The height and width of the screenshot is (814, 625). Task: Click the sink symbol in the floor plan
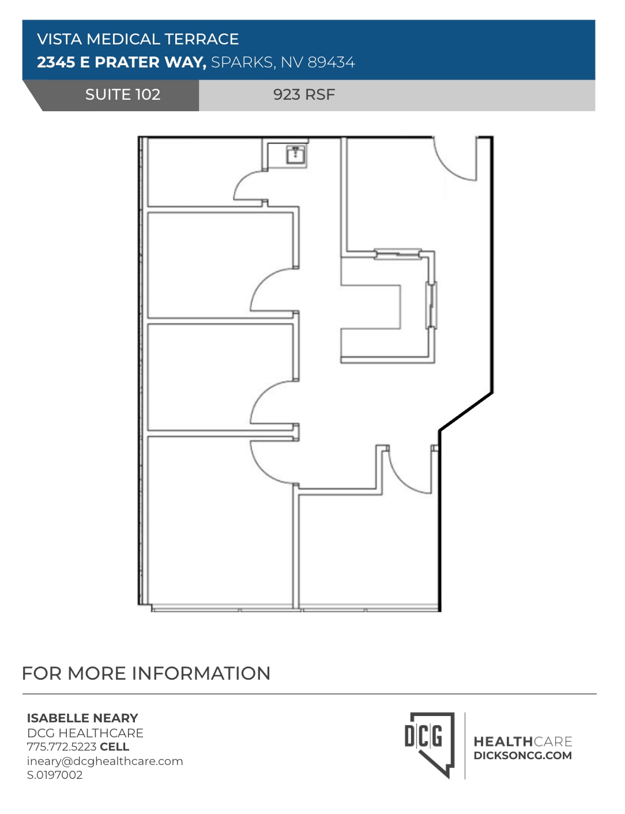tap(296, 154)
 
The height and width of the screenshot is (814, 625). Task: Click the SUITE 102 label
tap(122, 95)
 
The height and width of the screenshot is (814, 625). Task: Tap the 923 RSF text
tap(304, 95)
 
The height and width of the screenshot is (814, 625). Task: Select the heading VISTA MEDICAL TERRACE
tap(138, 39)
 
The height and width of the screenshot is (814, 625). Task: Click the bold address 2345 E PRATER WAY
tap(121, 62)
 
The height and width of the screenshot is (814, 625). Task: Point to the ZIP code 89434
tap(331, 62)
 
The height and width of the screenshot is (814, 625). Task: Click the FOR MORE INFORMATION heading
tap(146, 673)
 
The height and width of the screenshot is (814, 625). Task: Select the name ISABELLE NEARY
tap(82, 718)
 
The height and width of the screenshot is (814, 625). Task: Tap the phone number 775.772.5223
tap(62, 747)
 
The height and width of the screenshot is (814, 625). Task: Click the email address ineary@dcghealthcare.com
tap(105, 761)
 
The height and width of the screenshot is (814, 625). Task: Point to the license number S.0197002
tap(55, 775)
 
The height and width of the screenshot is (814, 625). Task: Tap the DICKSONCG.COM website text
tap(522, 756)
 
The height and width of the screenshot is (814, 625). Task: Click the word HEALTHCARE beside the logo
tap(522, 741)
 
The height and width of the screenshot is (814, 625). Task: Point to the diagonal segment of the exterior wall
tap(466, 412)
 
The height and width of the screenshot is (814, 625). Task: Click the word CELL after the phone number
tap(114, 747)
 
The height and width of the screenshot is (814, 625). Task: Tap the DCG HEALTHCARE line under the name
tap(85, 733)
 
